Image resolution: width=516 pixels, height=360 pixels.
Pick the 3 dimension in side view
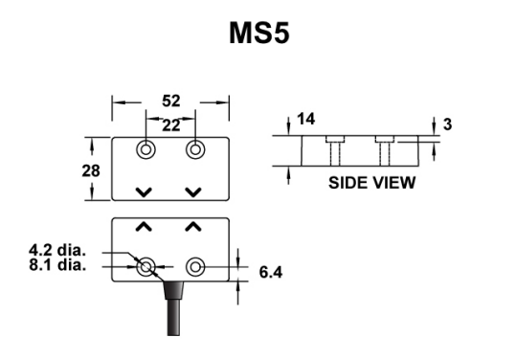click(448, 124)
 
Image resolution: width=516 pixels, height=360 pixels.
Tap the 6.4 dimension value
click(273, 272)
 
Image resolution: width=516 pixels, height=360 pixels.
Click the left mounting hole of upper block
click(146, 150)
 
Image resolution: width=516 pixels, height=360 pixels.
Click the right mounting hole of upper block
click(194, 150)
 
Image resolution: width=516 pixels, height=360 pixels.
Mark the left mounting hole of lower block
click(146, 268)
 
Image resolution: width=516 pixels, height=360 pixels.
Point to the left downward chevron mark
click(144, 192)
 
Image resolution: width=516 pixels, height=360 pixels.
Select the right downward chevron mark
click(193, 192)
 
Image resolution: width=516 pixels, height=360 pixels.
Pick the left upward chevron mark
click(144, 228)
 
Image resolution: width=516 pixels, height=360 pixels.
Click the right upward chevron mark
click(193, 228)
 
